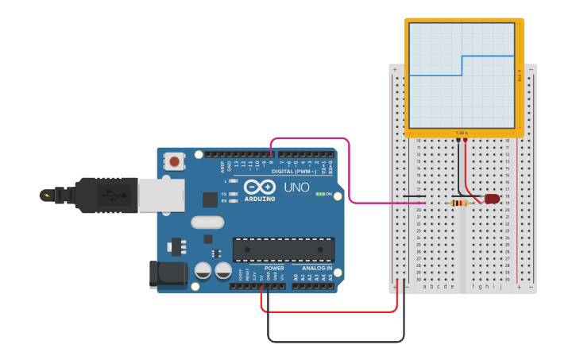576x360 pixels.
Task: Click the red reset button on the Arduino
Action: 174,162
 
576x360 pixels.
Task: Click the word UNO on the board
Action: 296,187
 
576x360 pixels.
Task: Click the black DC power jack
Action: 168,275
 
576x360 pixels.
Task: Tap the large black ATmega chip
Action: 283,249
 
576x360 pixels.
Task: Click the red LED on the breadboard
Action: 492,199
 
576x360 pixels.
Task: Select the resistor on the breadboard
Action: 459,203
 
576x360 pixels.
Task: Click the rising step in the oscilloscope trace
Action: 462,65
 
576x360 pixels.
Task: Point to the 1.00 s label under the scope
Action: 461,133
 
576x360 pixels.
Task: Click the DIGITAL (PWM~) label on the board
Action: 294,171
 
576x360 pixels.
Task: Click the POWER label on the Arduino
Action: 274,268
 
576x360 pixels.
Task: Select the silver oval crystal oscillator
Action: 207,223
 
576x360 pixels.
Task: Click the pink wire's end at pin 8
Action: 272,154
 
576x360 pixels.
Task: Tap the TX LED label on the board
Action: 224,194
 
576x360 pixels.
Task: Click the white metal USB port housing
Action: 161,195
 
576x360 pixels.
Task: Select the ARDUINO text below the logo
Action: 260,199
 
